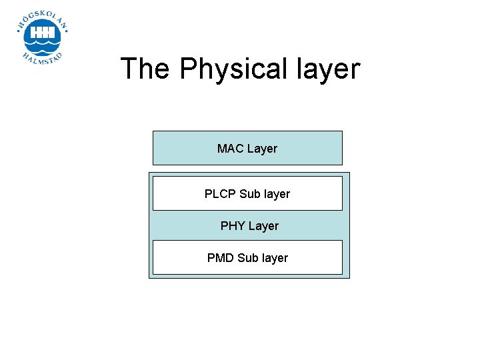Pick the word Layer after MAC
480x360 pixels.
[262, 149]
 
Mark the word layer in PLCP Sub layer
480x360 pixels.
[277, 194]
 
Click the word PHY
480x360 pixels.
[233, 226]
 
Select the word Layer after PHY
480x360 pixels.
[263, 226]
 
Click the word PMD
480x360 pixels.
[221, 258]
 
